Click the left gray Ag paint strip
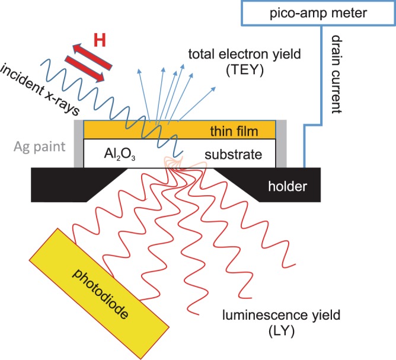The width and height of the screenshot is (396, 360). click(78, 143)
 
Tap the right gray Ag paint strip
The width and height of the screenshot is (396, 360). click(282, 143)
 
